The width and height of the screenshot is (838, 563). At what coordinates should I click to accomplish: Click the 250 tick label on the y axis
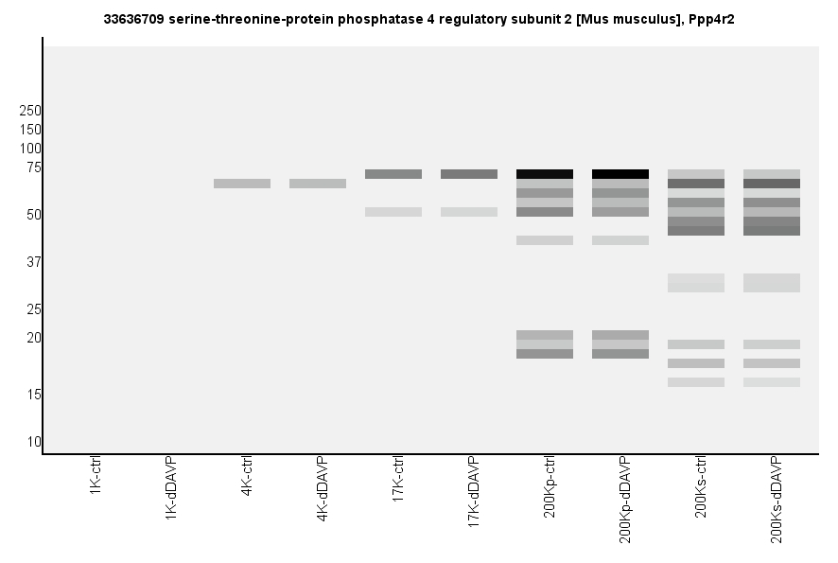point(30,111)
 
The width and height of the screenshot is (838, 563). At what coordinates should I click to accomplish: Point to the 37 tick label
point(34,262)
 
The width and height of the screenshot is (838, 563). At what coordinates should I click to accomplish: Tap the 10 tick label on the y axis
point(34,442)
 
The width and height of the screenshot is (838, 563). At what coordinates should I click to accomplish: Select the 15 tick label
point(34,395)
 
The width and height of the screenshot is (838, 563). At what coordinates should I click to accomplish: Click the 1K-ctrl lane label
point(96,478)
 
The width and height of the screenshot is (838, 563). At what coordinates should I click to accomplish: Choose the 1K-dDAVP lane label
point(171,486)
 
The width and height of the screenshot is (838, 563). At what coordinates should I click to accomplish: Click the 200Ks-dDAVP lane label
point(777,500)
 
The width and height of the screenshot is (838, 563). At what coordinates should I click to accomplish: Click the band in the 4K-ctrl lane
point(242,184)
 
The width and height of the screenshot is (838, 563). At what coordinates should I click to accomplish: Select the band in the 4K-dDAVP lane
point(318,184)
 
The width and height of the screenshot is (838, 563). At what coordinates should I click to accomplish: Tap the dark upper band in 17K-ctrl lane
point(393,174)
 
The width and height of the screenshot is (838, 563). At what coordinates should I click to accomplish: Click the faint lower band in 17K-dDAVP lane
point(469,212)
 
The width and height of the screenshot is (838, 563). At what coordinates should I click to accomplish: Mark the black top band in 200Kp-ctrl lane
point(545,174)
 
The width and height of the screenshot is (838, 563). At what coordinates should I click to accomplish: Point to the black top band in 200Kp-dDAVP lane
point(620,174)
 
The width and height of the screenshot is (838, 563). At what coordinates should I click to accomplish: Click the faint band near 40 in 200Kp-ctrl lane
point(545,240)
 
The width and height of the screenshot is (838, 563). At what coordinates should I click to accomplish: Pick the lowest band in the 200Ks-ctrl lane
point(696,382)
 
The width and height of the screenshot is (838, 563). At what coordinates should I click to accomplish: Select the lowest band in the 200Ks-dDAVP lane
point(772,382)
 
